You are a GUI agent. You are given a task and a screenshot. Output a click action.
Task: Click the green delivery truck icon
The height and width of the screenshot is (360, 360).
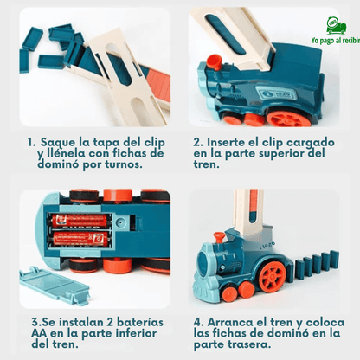[x=337, y=25]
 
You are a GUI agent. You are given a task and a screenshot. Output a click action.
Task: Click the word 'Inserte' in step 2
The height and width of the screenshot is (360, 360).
[x=238, y=142]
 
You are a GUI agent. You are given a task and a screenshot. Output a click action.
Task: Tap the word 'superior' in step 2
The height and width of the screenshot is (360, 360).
[x=273, y=154]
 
